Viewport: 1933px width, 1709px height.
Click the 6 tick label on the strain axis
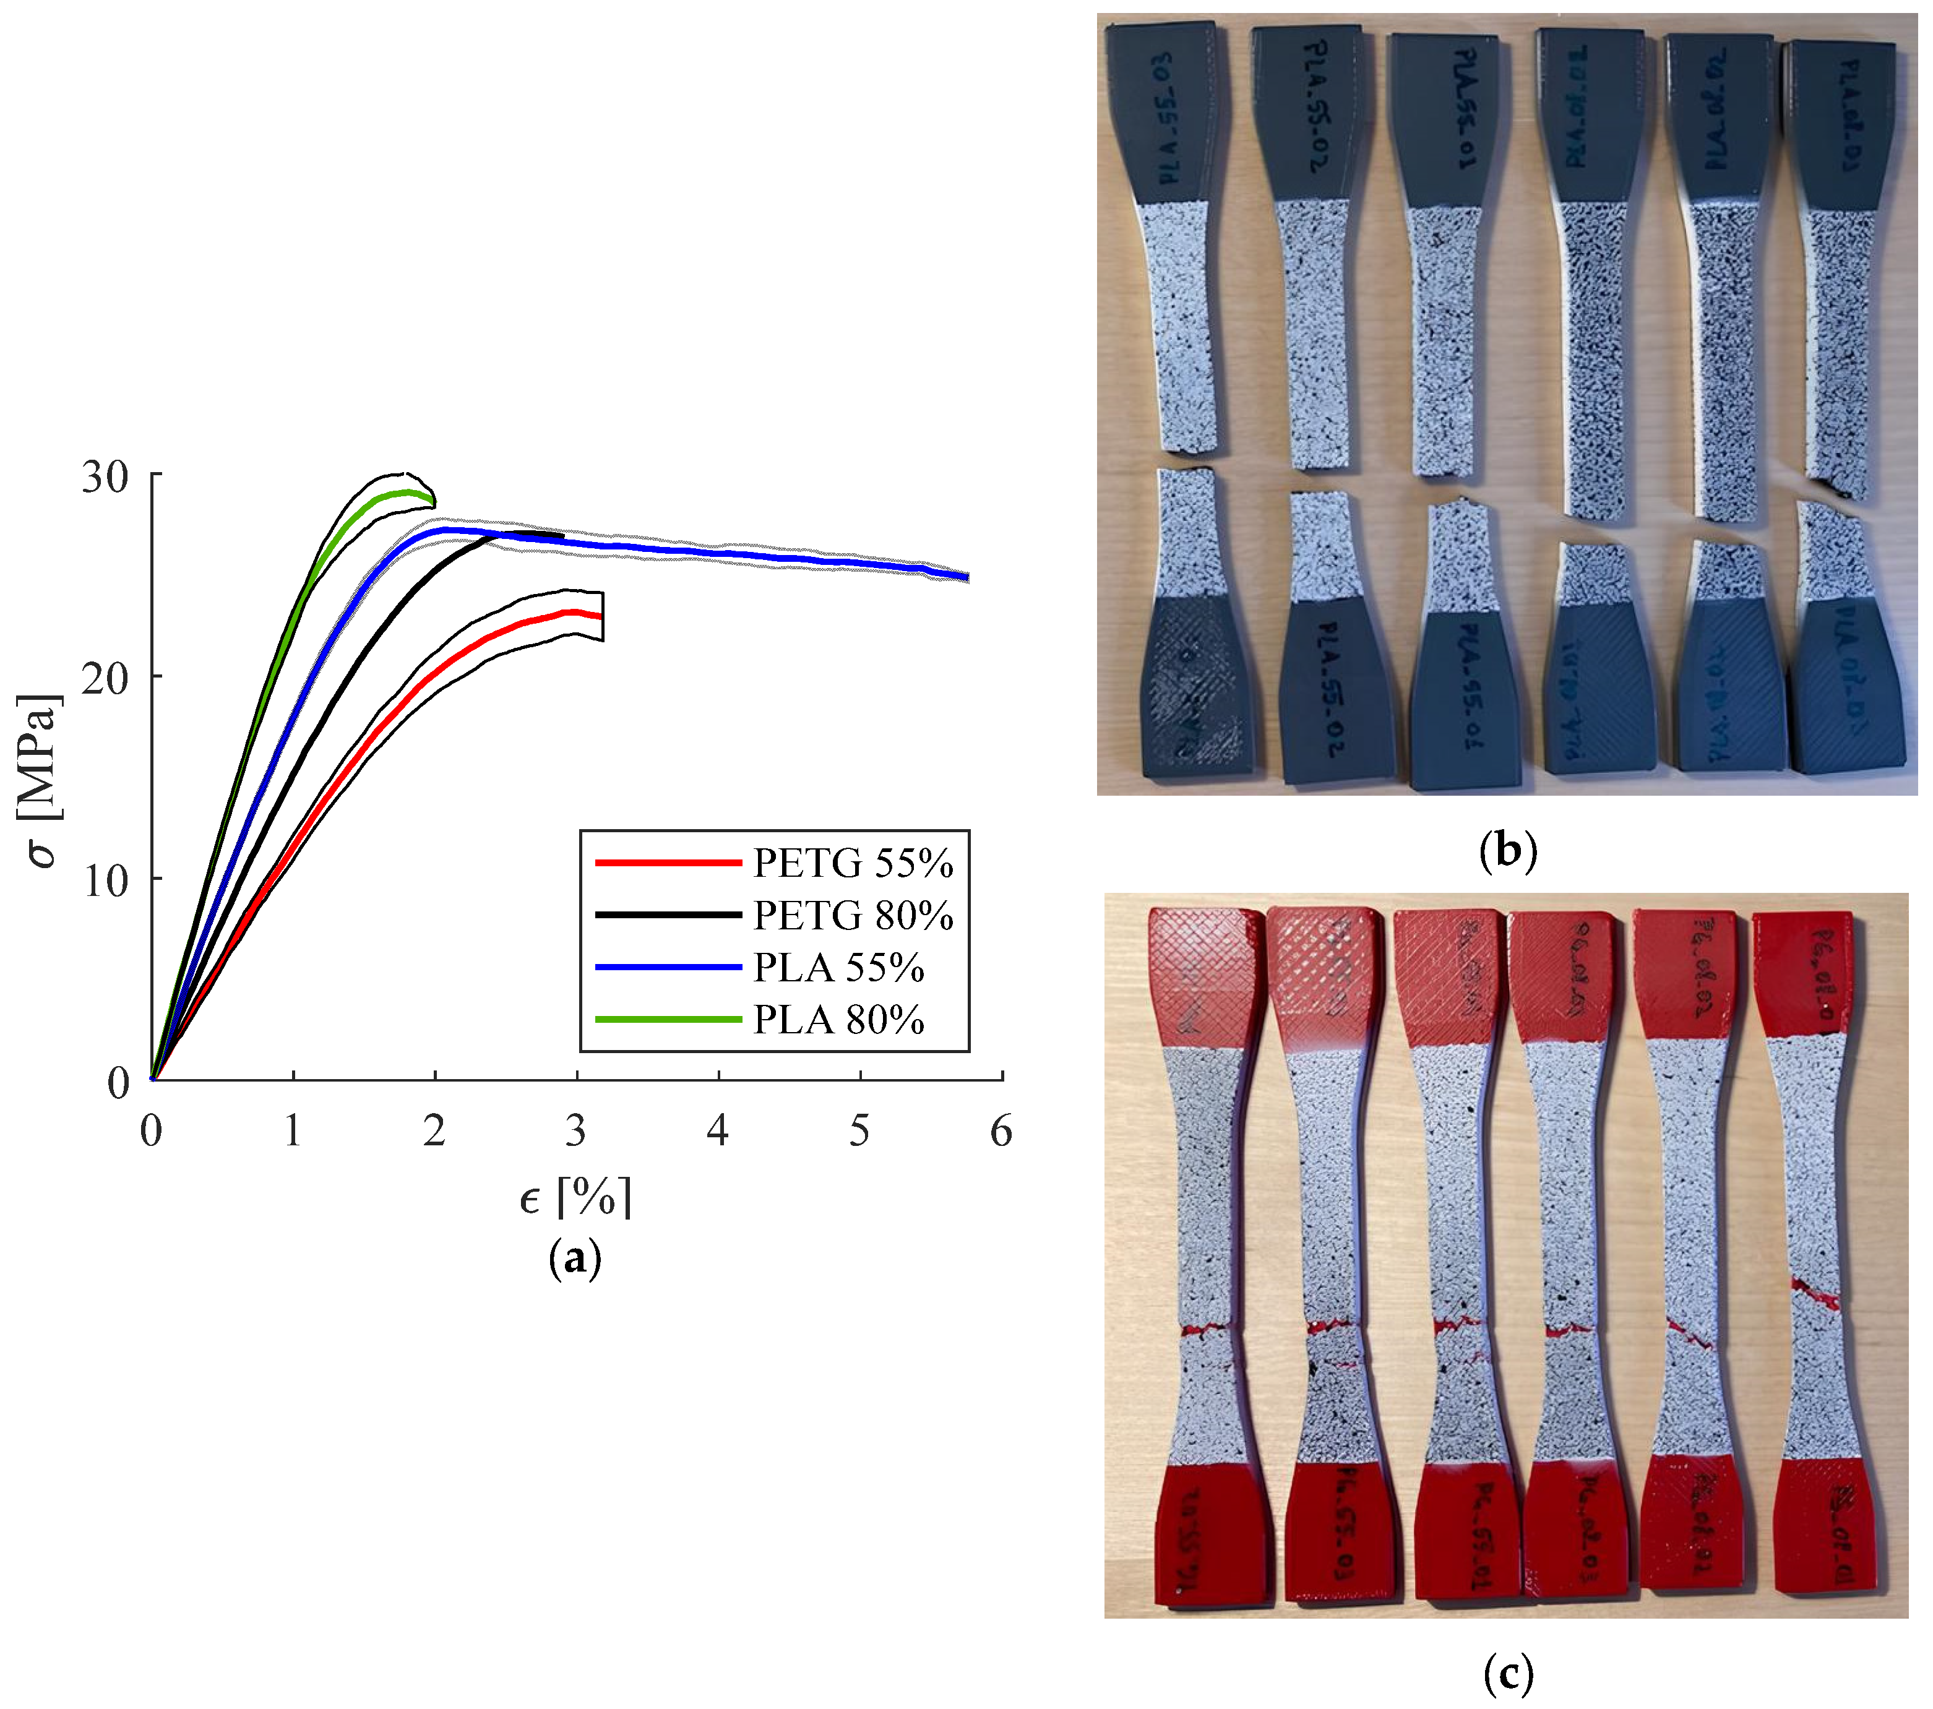(x=1001, y=1131)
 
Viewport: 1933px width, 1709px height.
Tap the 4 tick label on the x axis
(x=718, y=1131)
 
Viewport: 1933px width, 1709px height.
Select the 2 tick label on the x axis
(x=434, y=1131)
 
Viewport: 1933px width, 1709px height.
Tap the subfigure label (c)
(x=1507, y=1674)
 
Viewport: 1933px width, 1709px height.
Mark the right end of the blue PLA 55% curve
(x=966, y=577)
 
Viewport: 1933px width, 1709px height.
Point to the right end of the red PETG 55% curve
(x=600, y=616)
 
